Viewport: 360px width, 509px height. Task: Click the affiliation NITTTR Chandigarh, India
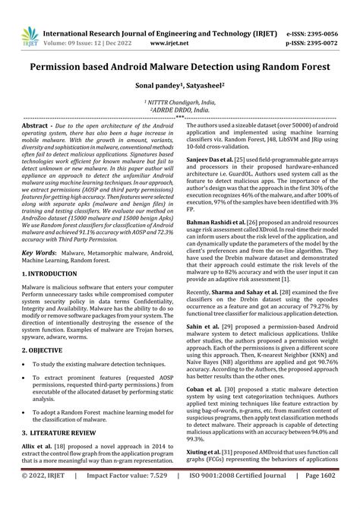pyautogui.click(x=180, y=102)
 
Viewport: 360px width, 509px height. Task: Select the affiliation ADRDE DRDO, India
pyautogui.click(x=180, y=110)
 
